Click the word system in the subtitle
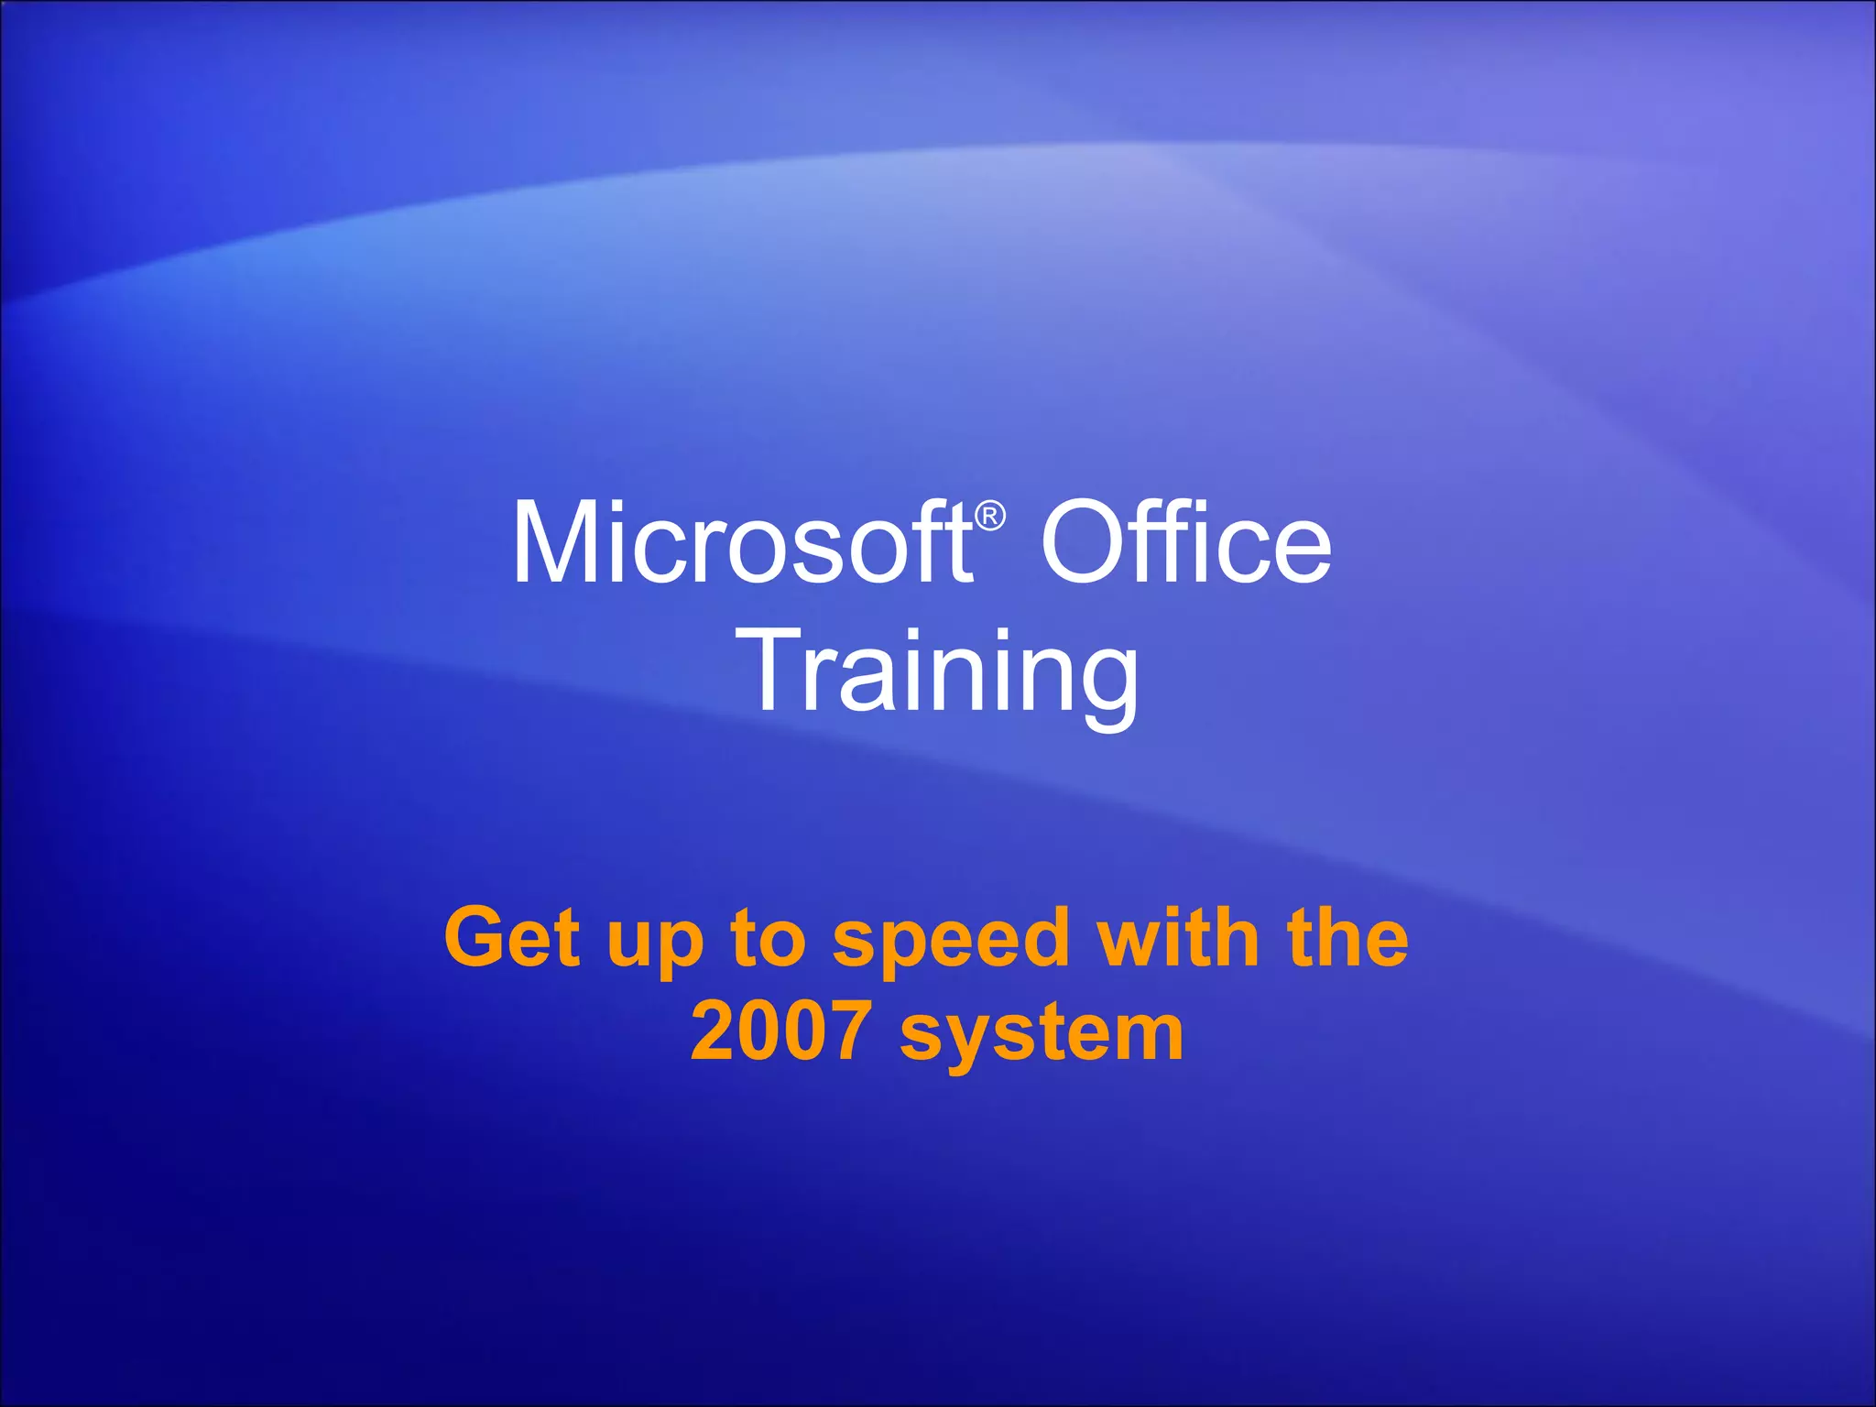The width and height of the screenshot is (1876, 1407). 1042,1035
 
